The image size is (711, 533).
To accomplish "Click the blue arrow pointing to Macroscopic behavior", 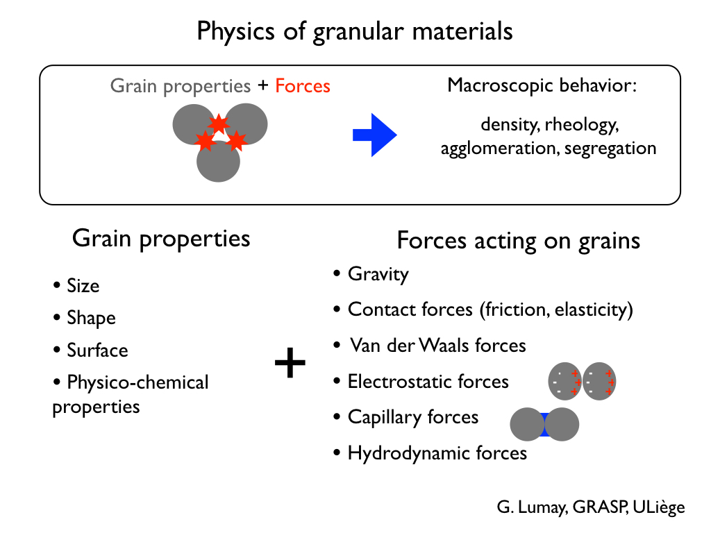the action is click(374, 135).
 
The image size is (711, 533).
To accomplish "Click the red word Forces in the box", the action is click(303, 86).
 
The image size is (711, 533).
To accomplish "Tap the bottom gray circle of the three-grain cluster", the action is click(218, 161).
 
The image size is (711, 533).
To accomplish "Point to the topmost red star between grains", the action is click(219, 124).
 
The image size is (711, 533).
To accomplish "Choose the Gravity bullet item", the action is click(371, 274).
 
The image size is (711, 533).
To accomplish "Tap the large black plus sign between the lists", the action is click(290, 362).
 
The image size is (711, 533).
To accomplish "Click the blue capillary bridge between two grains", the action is click(544, 425).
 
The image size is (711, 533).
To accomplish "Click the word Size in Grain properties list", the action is click(83, 286).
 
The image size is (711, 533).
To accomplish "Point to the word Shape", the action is click(91, 318).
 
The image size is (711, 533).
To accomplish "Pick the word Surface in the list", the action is click(97, 350).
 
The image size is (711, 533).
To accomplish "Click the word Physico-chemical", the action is click(138, 382).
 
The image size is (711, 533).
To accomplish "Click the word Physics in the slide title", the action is click(236, 32).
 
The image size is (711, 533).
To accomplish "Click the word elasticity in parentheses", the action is click(592, 310).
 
